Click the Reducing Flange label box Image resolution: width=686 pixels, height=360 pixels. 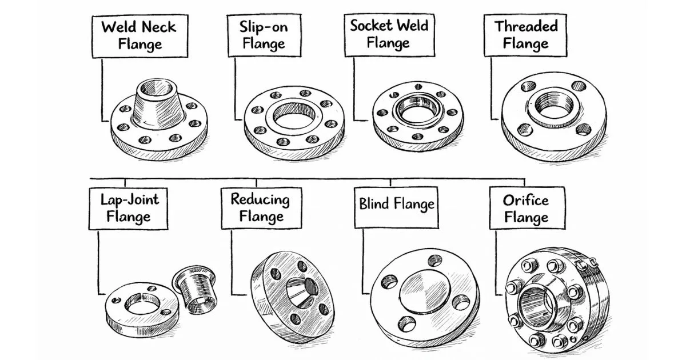(260, 207)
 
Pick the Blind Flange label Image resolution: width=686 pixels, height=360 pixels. (396, 204)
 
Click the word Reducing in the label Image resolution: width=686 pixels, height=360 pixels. (260, 199)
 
